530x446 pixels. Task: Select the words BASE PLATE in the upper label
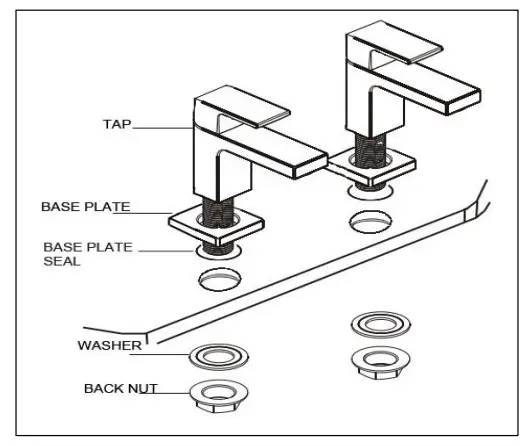(x=85, y=207)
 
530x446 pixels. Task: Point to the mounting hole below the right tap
(x=367, y=217)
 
